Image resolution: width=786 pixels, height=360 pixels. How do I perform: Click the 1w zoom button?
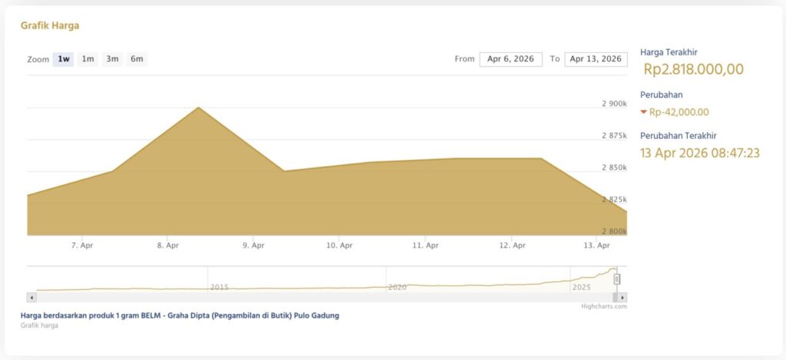coord(64,59)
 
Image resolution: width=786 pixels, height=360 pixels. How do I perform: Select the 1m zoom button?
coord(88,59)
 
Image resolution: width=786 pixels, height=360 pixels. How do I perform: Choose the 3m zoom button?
coord(112,59)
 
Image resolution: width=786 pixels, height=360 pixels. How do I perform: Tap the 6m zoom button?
coord(137,59)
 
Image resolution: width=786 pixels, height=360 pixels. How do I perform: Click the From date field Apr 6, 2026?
coord(510,59)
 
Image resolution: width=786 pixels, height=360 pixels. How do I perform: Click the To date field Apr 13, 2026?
coord(596,59)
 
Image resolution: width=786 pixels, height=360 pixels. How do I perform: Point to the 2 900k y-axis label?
coord(614,104)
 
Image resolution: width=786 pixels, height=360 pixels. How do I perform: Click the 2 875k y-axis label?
coord(614,136)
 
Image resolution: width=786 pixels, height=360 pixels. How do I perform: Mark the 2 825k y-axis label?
coord(614,200)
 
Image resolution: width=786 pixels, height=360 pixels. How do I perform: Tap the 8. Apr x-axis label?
coord(167,246)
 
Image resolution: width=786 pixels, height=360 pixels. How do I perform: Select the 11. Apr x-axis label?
coord(425,246)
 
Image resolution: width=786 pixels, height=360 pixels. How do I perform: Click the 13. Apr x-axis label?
coord(597,246)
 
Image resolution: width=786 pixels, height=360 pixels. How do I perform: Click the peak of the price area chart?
coord(199,108)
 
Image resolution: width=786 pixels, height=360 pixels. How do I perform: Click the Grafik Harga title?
coord(50,25)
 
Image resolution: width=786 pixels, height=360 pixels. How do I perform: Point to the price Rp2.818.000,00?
coord(693,70)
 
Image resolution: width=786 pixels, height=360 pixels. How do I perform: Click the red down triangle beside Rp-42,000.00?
coord(643,112)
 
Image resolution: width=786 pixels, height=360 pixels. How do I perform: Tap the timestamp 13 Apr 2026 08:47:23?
coord(699,153)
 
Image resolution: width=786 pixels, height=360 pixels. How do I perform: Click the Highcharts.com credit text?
coord(604,306)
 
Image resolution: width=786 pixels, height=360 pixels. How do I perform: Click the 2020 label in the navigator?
coord(397,287)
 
